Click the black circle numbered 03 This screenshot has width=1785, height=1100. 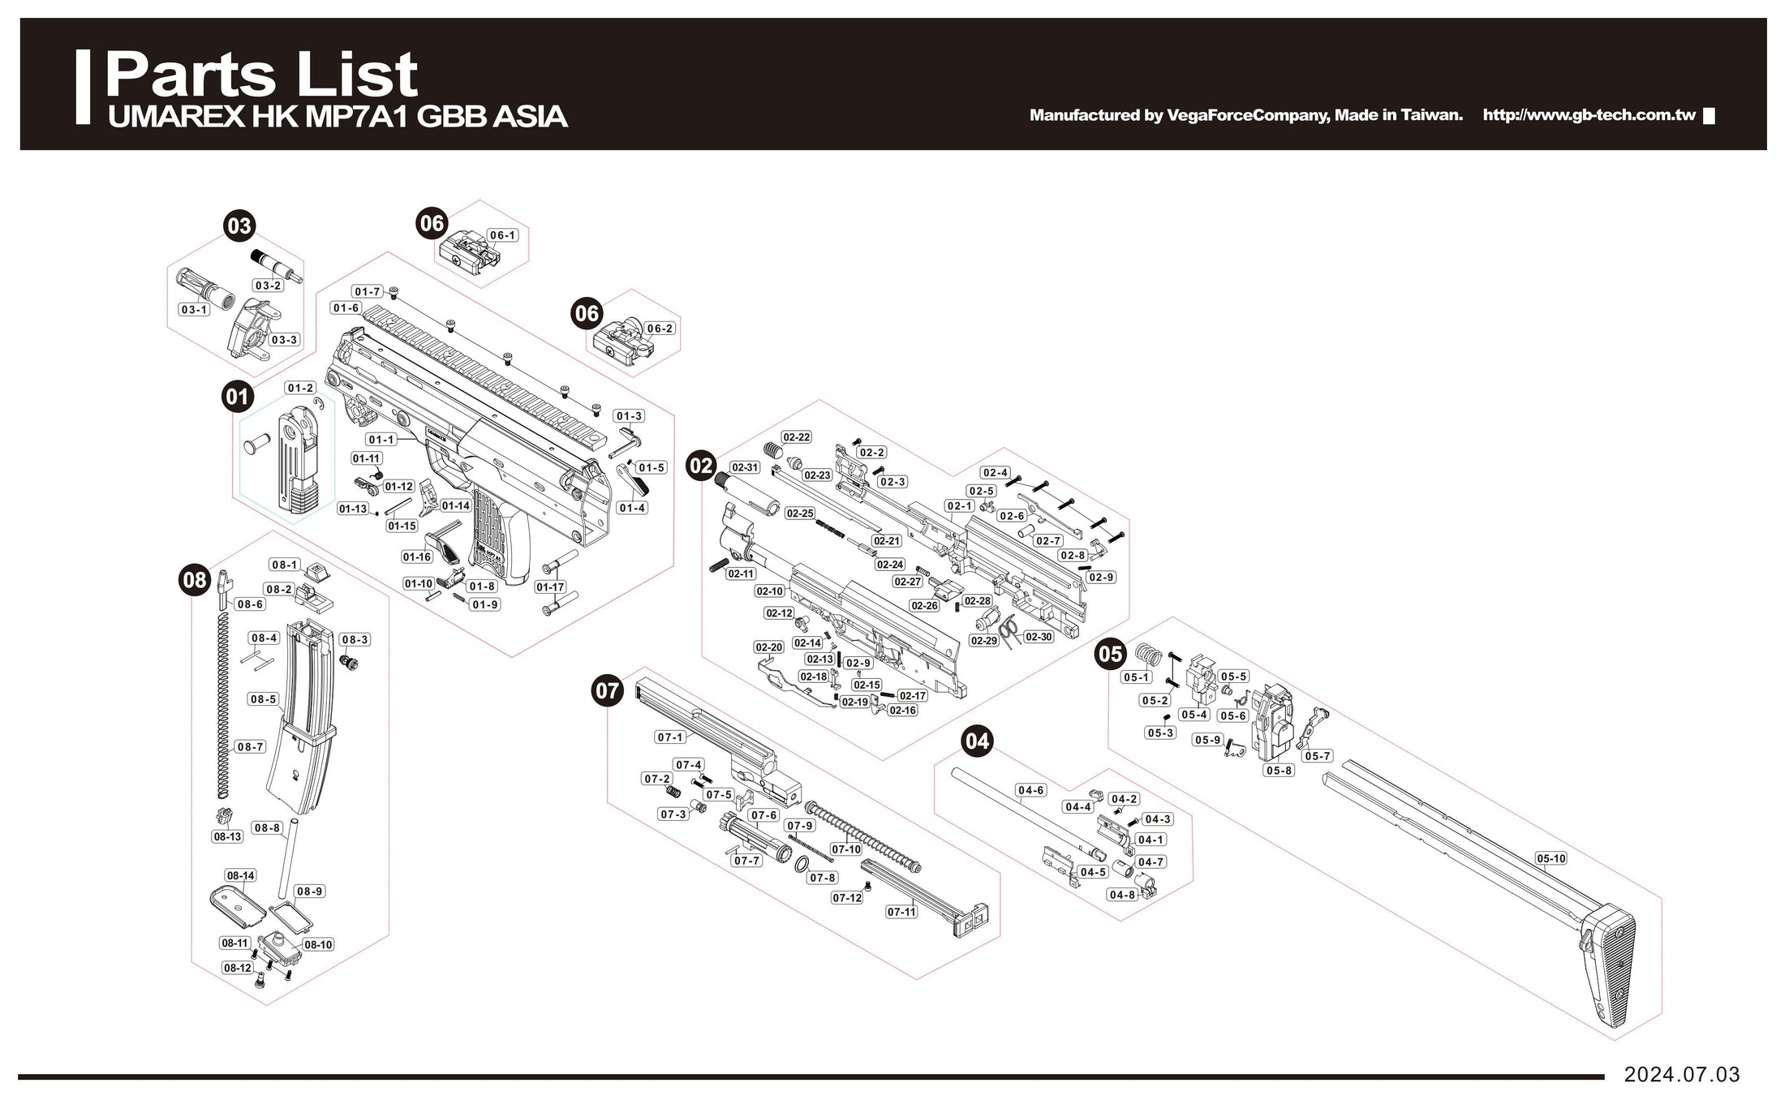click(239, 226)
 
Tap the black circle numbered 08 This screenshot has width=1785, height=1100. click(195, 579)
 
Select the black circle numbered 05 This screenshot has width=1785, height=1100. click(1111, 653)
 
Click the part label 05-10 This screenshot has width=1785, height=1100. click(1551, 858)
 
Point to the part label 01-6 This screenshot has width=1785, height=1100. click(346, 308)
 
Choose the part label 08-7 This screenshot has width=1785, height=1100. click(250, 746)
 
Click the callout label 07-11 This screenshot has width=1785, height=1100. click(901, 912)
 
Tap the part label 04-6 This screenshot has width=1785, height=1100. click(1030, 790)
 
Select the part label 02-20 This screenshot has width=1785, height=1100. click(768, 647)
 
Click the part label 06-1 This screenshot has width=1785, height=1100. click(502, 235)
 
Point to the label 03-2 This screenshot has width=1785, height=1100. click(268, 286)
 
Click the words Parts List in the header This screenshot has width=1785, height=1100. click(261, 75)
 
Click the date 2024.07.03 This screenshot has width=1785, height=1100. click(1681, 1075)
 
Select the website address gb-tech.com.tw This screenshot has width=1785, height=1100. click(1589, 115)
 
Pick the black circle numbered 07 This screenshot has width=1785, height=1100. click(607, 691)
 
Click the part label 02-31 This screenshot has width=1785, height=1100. click(744, 468)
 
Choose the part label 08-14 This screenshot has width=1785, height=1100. click(241, 876)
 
